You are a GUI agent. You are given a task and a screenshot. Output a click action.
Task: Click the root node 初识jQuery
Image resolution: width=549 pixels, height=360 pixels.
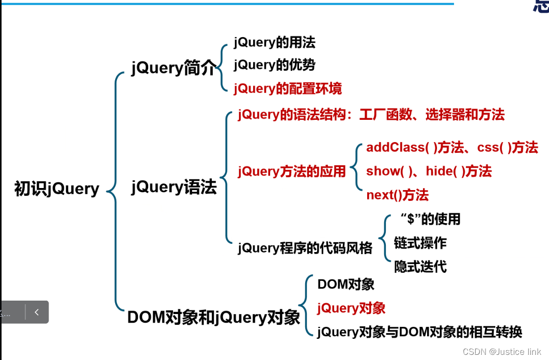(x=57, y=189)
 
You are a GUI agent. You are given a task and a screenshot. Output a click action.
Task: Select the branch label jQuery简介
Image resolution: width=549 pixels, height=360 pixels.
(x=173, y=68)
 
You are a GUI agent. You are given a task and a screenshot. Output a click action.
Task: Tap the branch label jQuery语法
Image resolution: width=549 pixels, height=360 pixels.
(x=174, y=187)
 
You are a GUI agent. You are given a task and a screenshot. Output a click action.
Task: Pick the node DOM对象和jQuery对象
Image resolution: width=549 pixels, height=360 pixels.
(x=213, y=317)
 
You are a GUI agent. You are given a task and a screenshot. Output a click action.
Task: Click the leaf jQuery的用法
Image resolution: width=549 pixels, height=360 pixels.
(x=274, y=42)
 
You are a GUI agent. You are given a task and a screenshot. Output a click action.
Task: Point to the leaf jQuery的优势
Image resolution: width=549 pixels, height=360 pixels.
(x=274, y=65)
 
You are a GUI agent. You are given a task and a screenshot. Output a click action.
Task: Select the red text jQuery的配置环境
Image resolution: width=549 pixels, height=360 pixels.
(x=288, y=88)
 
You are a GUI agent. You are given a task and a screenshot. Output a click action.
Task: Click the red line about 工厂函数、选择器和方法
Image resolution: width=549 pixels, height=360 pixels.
(x=371, y=115)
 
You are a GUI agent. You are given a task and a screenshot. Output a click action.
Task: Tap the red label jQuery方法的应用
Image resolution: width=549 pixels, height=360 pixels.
(x=292, y=171)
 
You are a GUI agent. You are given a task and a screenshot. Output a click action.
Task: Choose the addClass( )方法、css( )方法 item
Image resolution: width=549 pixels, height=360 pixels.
(x=452, y=147)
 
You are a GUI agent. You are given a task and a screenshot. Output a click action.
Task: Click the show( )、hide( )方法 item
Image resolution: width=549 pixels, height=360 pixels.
(x=429, y=171)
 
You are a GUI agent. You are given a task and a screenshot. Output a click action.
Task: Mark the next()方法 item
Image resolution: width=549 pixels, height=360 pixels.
(x=397, y=195)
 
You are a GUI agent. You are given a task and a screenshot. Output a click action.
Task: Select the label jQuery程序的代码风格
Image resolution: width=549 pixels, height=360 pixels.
(x=305, y=248)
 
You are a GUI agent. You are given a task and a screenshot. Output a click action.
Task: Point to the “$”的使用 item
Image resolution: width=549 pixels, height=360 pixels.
(x=430, y=219)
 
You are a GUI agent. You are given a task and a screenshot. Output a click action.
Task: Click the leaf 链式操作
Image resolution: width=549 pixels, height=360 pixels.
(x=420, y=243)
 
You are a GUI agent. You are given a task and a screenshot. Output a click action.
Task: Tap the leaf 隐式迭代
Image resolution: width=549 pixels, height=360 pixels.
(x=420, y=267)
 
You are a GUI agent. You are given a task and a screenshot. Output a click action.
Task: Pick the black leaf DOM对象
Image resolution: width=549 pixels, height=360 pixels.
(x=346, y=284)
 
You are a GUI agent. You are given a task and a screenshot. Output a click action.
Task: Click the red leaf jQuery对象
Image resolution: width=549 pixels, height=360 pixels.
(x=351, y=308)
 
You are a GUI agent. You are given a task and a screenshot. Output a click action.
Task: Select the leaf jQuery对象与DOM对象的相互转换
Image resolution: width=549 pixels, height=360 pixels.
(x=419, y=332)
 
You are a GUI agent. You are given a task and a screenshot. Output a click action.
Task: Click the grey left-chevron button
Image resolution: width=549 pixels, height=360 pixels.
(x=37, y=312)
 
